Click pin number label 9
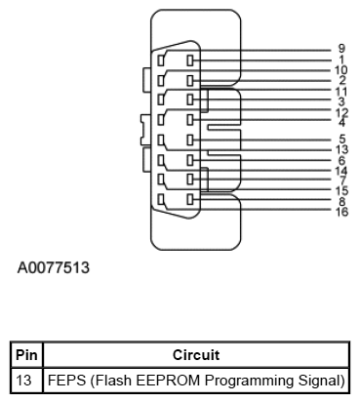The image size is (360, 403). coord(341,48)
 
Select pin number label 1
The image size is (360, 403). coord(341,59)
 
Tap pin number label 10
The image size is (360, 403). coord(341,69)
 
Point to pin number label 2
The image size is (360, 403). coord(341,80)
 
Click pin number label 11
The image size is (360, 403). coord(341,91)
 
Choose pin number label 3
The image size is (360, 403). coord(341,101)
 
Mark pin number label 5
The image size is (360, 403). coord(341,139)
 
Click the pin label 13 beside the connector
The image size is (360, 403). coord(341,149)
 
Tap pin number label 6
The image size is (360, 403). coord(341,160)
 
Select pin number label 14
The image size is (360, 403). coord(341,170)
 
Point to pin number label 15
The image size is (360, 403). coord(341,190)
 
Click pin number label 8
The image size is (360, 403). coord(341,201)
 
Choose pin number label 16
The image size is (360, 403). coord(341,211)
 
